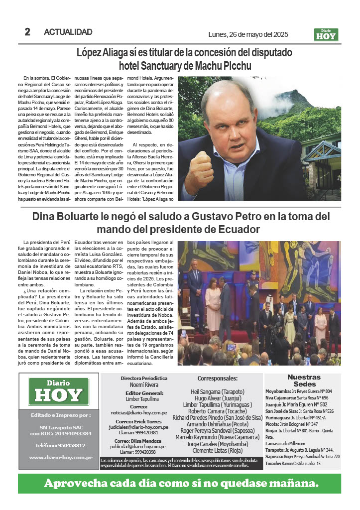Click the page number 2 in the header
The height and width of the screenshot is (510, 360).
tap(28, 32)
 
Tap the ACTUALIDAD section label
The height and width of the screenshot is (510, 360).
tap(68, 32)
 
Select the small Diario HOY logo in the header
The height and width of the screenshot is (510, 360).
tap(326, 34)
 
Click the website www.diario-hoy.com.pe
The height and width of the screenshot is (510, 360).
tap(60, 457)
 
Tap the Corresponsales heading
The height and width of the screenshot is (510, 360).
tap(218, 379)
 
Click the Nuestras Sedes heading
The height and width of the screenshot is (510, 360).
tap(304, 381)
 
